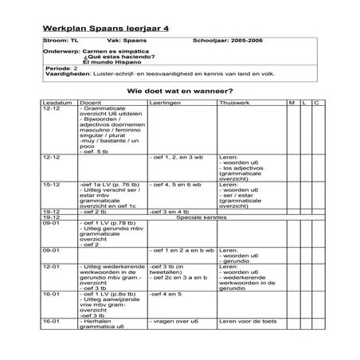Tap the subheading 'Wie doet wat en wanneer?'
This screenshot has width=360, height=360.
pos(180,92)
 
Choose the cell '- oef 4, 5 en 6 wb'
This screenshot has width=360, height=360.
pos(175,184)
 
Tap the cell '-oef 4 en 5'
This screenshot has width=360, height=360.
pos(165,293)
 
